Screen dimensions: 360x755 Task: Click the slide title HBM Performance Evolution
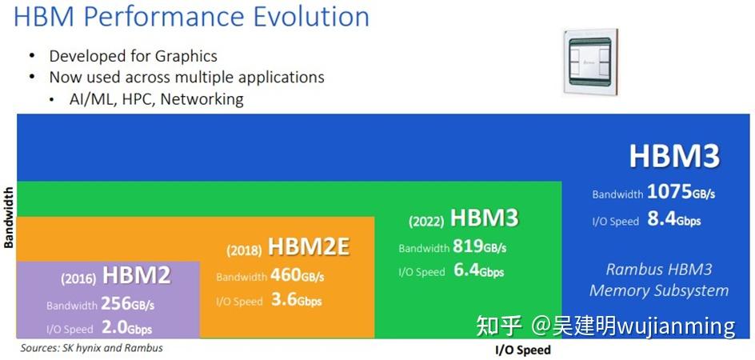pyautogui.click(x=192, y=18)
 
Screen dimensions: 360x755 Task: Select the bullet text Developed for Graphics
pyautogui.click(x=133, y=56)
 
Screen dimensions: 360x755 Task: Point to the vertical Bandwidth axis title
pyautogui.click(x=9, y=218)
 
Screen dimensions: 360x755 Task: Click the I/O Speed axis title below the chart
pyautogui.click(x=523, y=350)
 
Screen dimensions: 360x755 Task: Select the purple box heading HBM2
pyautogui.click(x=136, y=277)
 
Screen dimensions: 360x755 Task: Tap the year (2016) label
pyautogui.click(x=78, y=279)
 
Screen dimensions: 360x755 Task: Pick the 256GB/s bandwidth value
pyautogui.click(x=128, y=305)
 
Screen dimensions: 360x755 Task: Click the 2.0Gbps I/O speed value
pyautogui.click(x=126, y=329)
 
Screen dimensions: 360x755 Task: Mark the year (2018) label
pyautogui.click(x=244, y=250)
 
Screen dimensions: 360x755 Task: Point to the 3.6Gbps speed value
pyautogui.click(x=295, y=301)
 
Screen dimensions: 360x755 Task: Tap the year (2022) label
pyautogui.click(x=426, y=221)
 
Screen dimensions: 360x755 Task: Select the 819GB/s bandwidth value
pyautogui.click(x=480, y=247)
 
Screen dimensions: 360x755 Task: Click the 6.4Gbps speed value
pyautogui.click(x=478, y=271)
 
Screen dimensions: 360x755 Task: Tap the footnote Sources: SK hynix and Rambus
pyautogui.click(x=91, y=349)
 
